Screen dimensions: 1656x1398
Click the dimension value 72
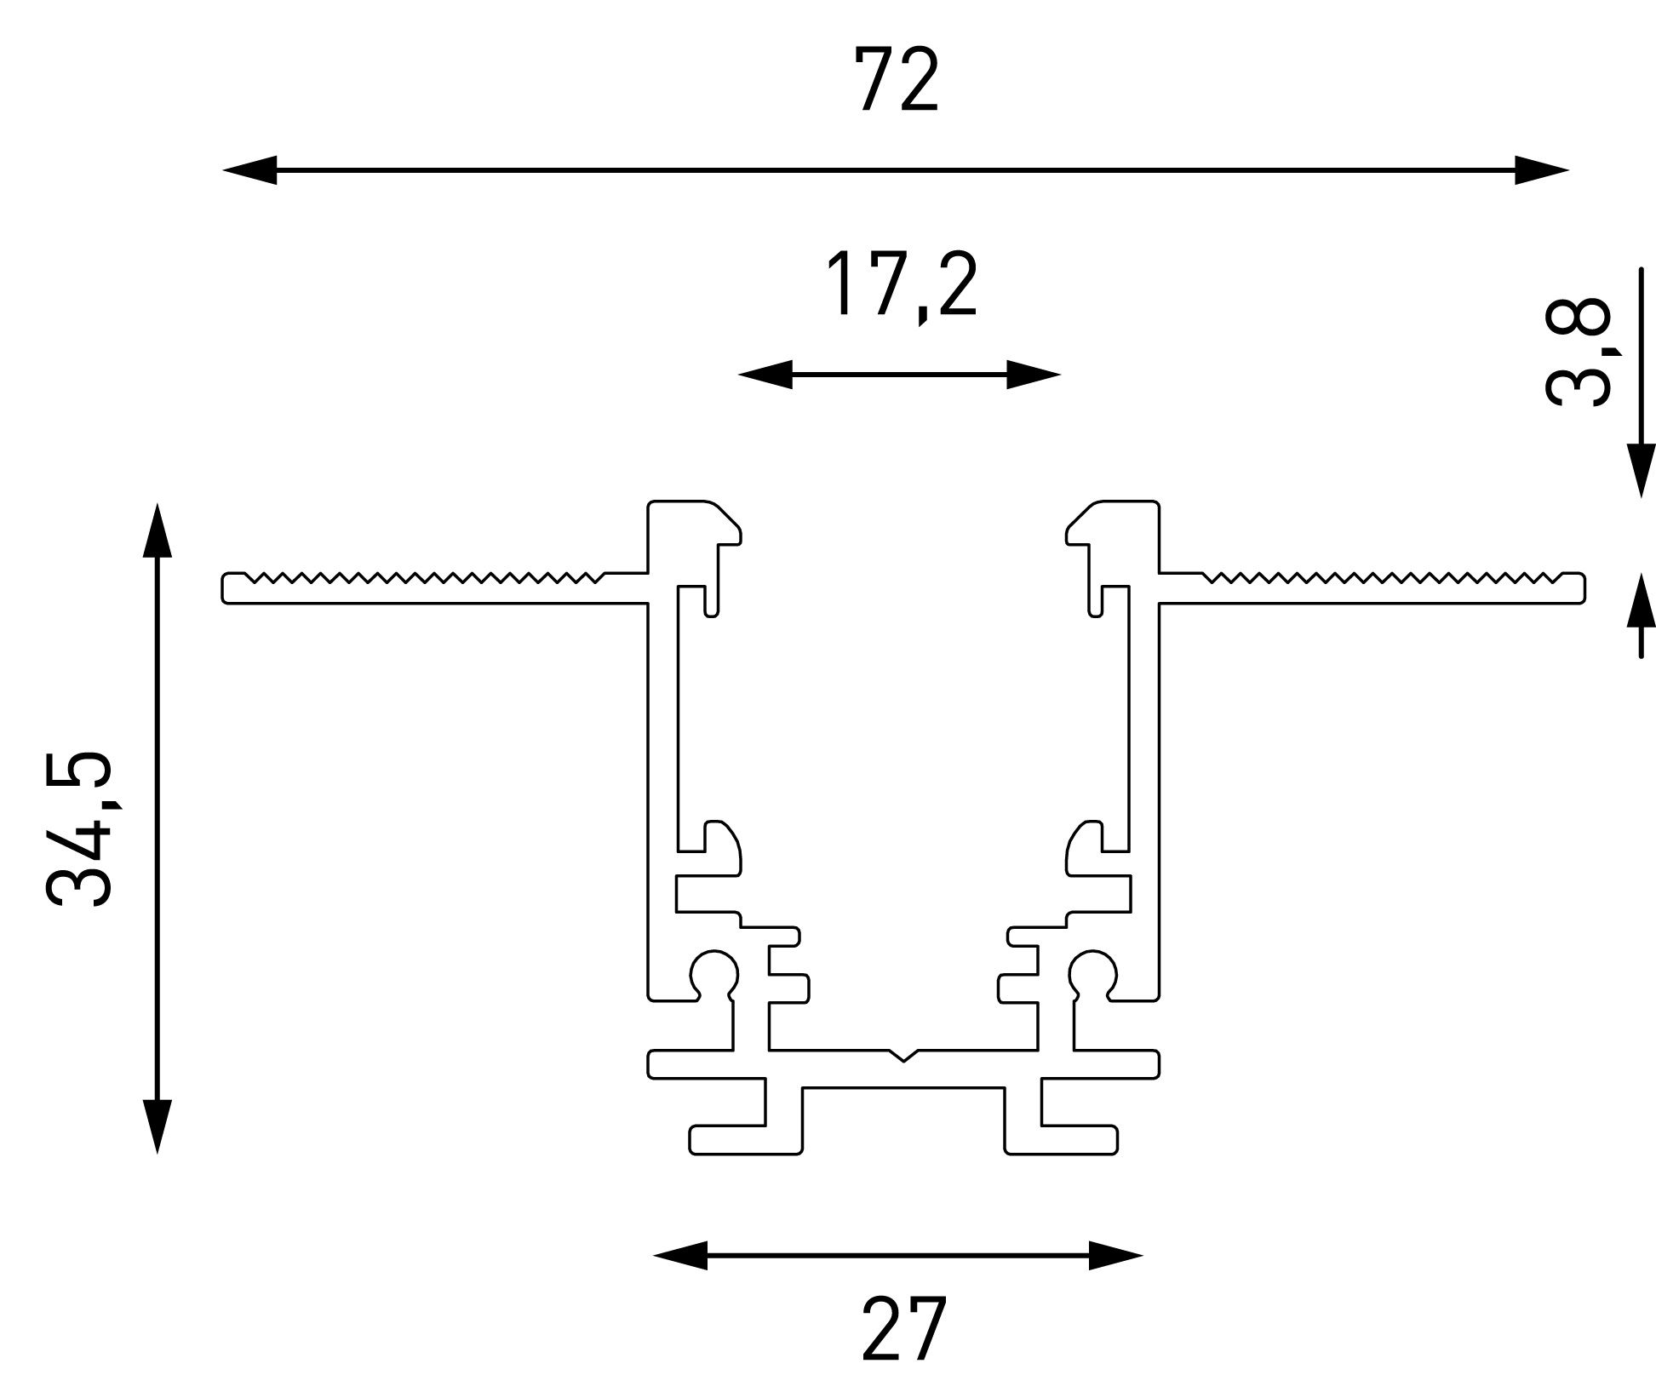tap(897, 81)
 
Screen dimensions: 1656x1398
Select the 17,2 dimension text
tap(900, 286)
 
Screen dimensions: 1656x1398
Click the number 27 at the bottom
tap(903, 1330)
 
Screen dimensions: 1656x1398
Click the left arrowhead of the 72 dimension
tap(249, 170)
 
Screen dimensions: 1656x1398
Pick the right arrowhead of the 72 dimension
tap(1542, 170)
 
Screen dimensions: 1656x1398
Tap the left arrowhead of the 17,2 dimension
tap(765, 374)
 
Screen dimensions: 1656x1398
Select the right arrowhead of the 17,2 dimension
tap(1034, 374)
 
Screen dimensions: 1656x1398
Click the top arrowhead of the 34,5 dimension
tap(157, 530)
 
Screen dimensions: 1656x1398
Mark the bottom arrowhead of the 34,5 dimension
tap(157, 1126)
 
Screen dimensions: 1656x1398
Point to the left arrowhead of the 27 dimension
tap(680, 1255)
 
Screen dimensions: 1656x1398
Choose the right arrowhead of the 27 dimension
tap(1115, 1255)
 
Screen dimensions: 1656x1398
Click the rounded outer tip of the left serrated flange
tap(223, 588)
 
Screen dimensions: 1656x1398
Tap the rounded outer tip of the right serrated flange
tap(1584, 588)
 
